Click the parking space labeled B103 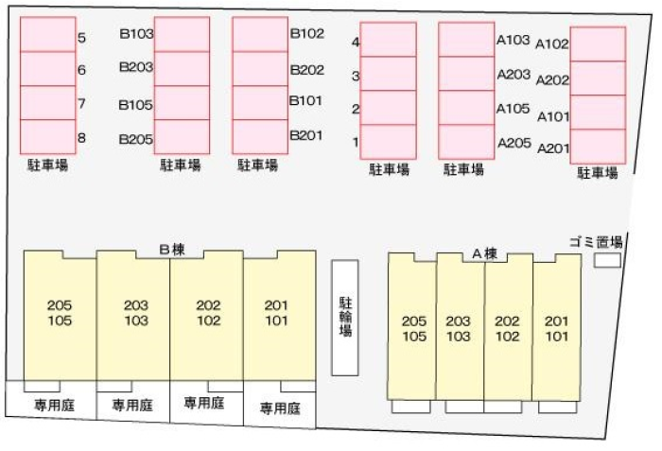(182, 34)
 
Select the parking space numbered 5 (47, 35)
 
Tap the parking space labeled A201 (598, 147)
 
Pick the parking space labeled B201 (260, 136)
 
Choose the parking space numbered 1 (388, 142)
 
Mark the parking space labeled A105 (466, 108)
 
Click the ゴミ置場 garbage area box (606, 258)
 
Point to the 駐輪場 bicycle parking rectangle (345, 317)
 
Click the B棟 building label (171, 250)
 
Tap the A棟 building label (484, 253)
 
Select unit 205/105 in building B (60, 315)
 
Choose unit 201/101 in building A (556, 327)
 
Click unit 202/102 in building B (207, 315)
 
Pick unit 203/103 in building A (460, 327)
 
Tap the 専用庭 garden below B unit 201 (280, 408)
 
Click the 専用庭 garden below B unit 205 (51, 405)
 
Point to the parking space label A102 (552, 43)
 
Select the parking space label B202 (307, 69)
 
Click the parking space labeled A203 (466, 74)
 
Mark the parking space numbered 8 (47, 137)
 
